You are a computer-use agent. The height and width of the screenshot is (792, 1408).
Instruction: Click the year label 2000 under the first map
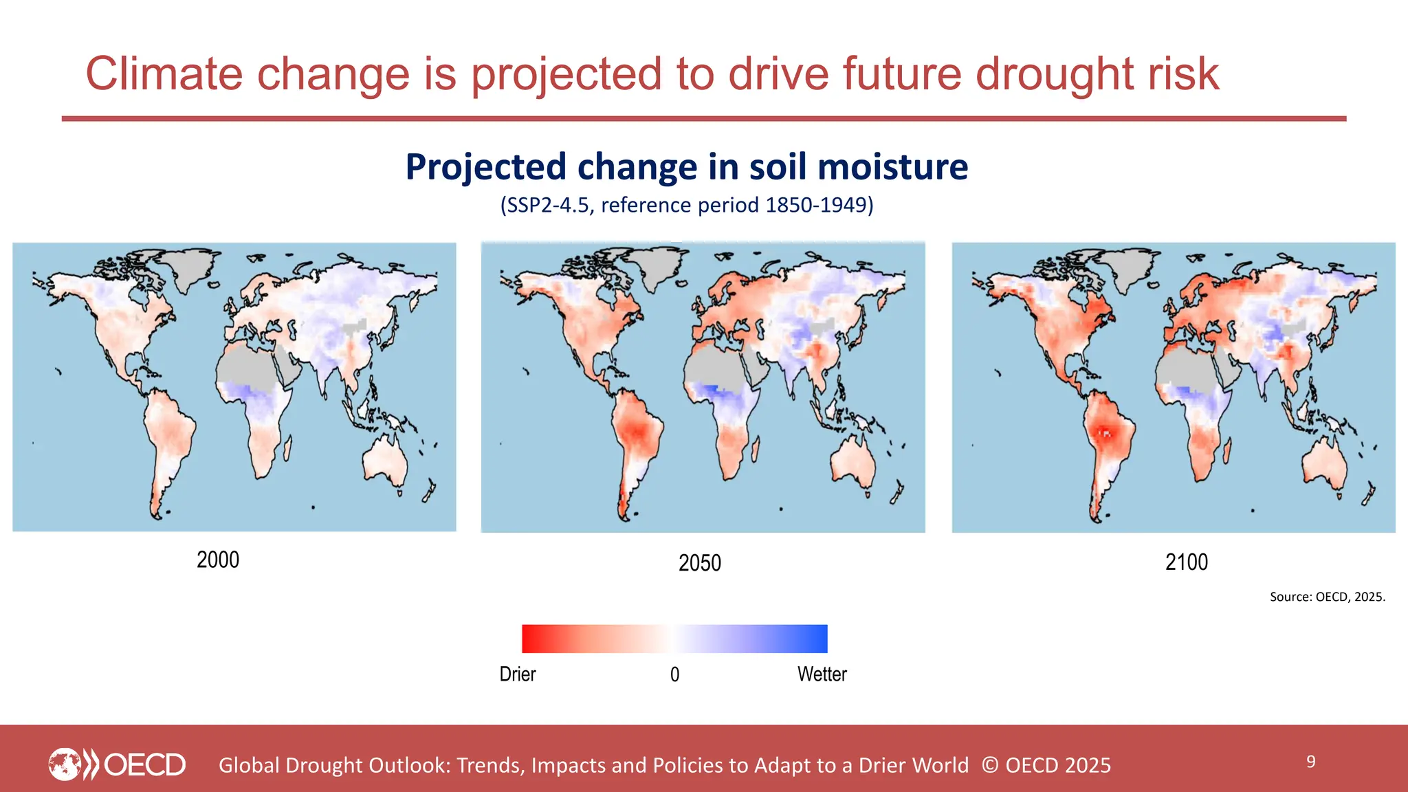pos(218,560)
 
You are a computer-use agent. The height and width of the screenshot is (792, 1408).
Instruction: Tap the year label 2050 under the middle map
pos(699,563)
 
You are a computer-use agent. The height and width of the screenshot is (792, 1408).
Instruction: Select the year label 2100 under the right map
pos(1186,562)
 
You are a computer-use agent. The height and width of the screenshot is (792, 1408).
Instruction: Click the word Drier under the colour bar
pos(517,674)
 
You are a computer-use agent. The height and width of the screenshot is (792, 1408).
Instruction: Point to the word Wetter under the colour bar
pos(822,674)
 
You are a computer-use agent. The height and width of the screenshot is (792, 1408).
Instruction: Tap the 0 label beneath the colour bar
pos(674,675)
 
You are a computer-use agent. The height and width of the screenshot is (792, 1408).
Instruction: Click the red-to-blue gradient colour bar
pos(674,639)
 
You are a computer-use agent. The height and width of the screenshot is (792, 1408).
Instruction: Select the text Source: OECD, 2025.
pos(1327,597)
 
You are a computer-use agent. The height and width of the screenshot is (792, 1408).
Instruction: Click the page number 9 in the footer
pos(1310,762)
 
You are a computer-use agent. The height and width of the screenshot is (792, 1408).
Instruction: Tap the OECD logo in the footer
pos(117,764)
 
